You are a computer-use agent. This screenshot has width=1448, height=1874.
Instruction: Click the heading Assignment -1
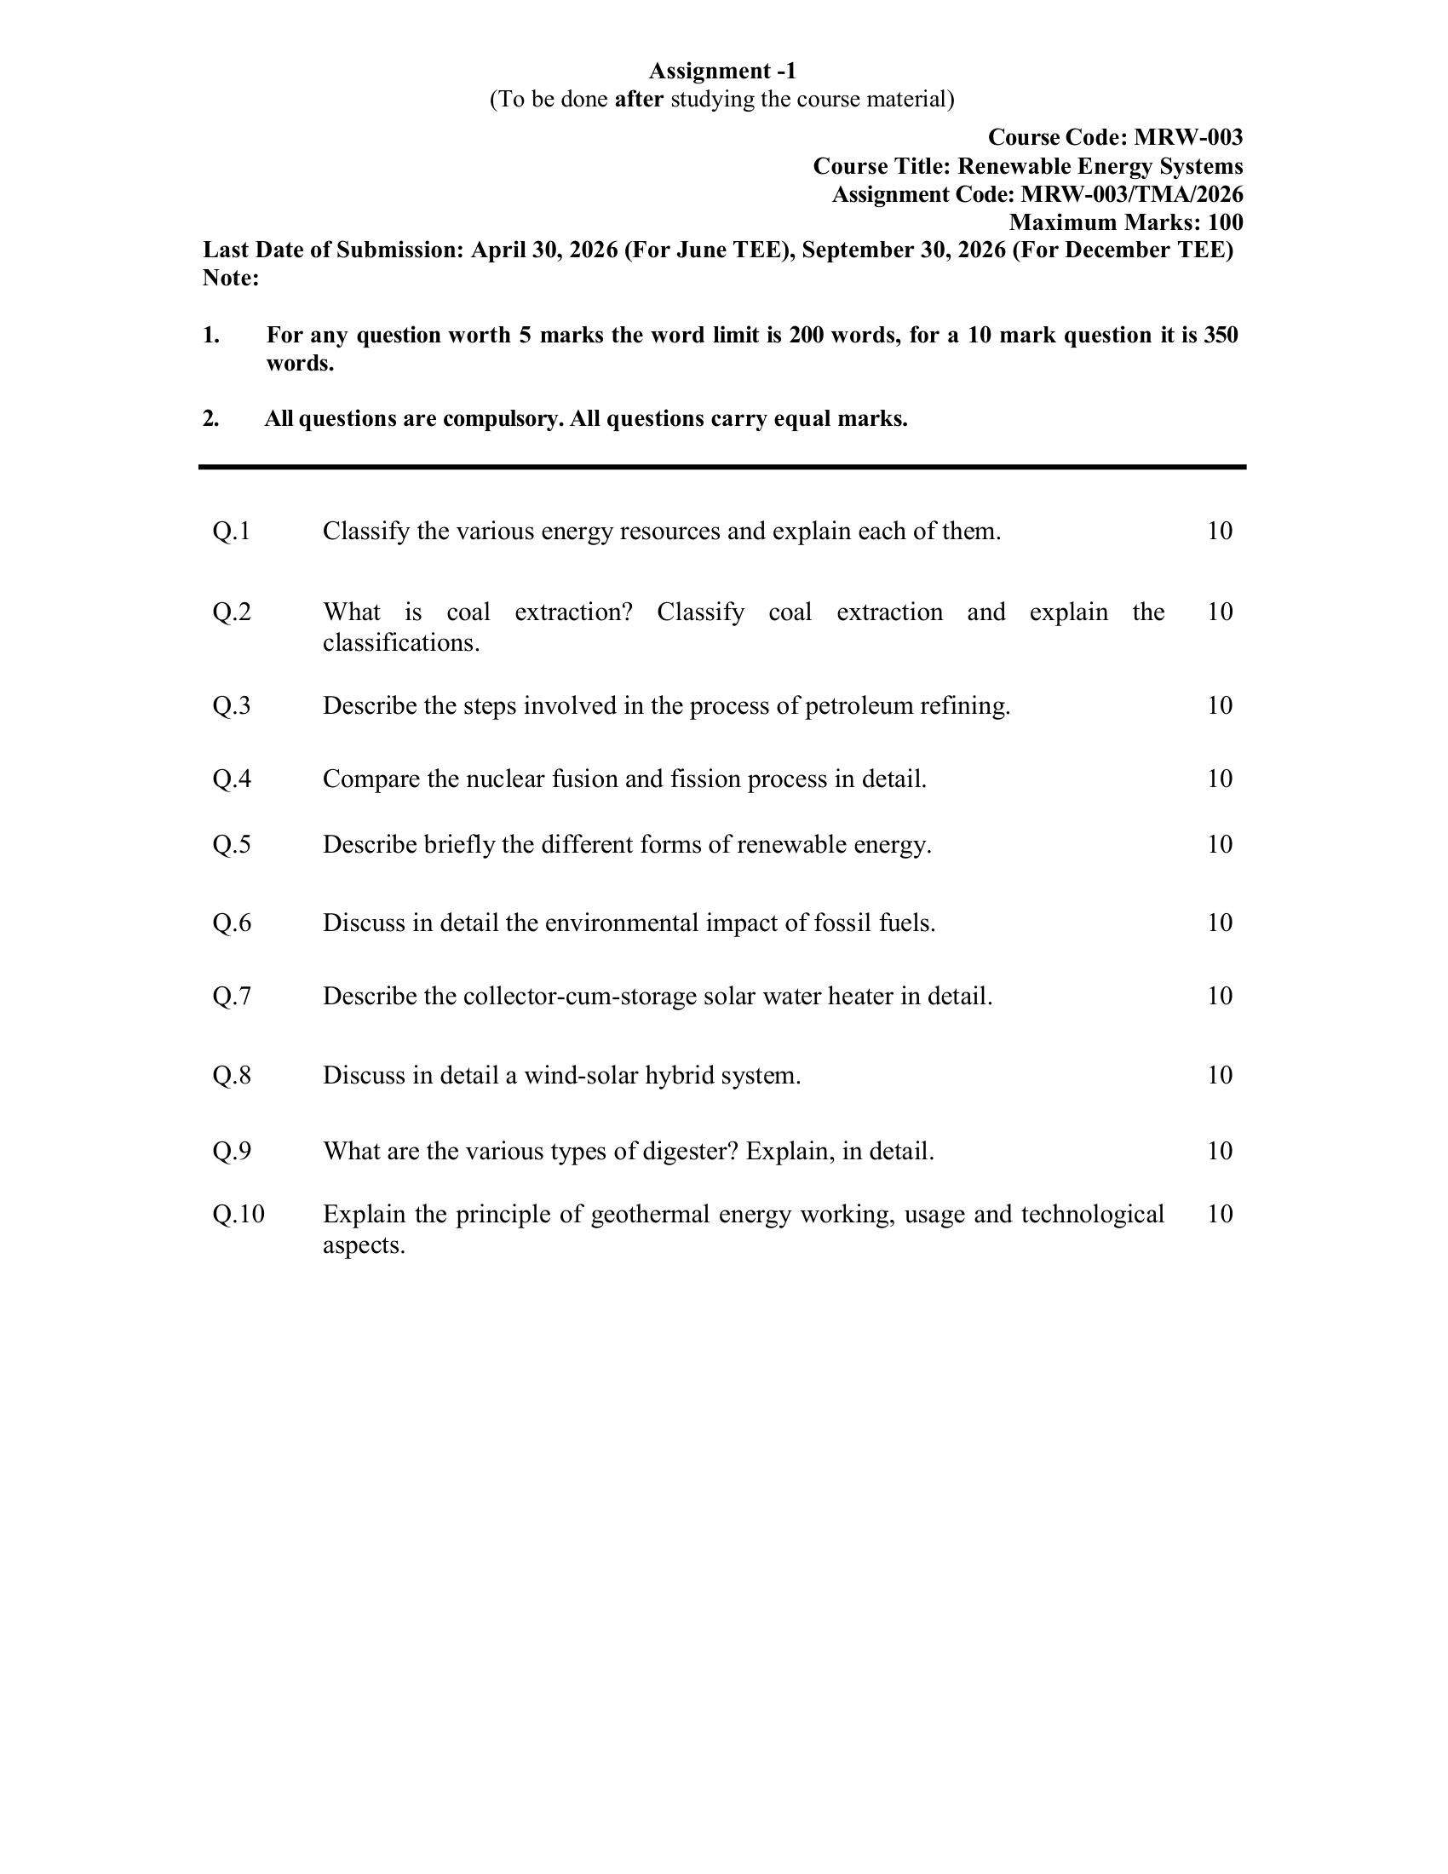(722, 71)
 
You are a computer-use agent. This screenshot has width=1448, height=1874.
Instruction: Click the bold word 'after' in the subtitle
(639, 100)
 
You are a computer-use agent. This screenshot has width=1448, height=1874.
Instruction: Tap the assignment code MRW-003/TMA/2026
(1131, 195)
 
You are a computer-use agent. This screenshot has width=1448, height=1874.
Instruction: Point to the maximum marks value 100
(1225, 223)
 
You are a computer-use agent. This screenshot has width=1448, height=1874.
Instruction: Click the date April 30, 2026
(544, 250)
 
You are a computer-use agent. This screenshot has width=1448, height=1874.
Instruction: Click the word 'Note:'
(231, 278)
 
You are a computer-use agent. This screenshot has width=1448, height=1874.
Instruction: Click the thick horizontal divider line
(722, 467)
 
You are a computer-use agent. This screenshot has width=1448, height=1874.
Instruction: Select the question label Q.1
(232, 532)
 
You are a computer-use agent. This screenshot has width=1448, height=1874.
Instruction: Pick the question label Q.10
(238, 1215)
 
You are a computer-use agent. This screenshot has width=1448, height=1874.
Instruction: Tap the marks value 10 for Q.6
(1220, 923)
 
